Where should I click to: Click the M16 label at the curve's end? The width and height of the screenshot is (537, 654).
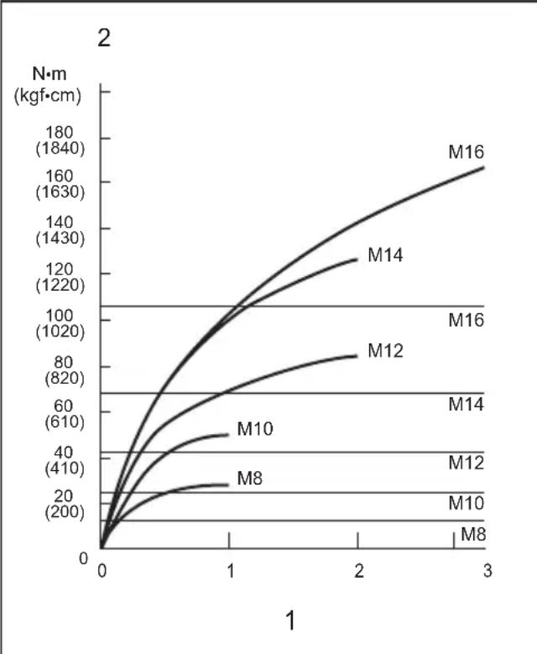(467, 152)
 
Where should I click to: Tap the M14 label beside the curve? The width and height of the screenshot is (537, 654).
(385, 255)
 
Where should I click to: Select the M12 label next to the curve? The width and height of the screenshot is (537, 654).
(385, 351)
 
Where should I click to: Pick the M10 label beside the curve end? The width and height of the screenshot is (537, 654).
(255, 429)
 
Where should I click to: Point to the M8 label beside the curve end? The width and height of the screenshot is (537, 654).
(250, 479)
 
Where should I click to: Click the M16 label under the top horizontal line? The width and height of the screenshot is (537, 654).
(467, 321)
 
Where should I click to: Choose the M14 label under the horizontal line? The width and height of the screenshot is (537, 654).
(467, 404)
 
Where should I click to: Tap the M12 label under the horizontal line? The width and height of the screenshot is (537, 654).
(467, 463)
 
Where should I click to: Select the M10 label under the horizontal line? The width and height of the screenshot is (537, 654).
(467, 503)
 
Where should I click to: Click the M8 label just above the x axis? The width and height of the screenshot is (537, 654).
(473, 534)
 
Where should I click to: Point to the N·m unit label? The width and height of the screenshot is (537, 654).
(50, 74)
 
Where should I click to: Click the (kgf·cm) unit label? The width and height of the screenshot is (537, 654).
(48, 96)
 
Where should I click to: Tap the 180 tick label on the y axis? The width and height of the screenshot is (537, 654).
(60, 133)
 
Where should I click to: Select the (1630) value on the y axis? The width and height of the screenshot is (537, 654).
(60, 192)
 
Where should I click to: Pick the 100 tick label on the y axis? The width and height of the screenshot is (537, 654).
(60, 316)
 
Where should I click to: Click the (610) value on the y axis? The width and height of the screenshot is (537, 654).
(65, 421)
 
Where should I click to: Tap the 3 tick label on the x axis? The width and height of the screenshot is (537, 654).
(487, 571)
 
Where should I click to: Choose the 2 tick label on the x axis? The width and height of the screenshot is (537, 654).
(359, 571)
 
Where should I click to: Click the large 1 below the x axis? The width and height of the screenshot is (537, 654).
(291, 620)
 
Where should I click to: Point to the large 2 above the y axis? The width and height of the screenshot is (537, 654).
(104, 38)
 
